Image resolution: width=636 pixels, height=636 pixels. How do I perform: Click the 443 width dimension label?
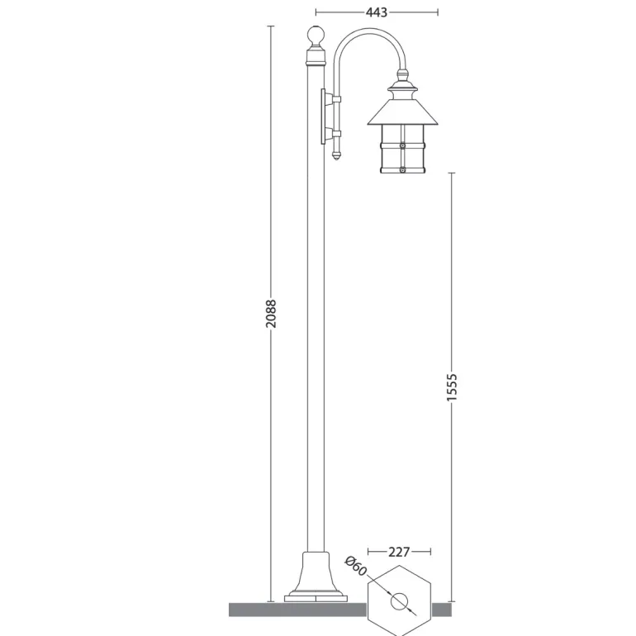[377, 12]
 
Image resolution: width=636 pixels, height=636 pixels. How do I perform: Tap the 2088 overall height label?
[271, 314]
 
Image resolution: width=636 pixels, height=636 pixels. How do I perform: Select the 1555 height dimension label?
[452, 387]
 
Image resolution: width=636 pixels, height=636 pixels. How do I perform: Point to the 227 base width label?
[399, 552]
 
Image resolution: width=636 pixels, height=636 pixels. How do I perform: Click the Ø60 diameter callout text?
[356, 566]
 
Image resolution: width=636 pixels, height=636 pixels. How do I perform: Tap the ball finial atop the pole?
[316, 35]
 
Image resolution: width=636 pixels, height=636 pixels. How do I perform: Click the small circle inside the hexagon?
[399, 601]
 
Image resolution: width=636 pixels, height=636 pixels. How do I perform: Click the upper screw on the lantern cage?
[402, 145]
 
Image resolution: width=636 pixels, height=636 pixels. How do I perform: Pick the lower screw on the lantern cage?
[402, 170]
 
